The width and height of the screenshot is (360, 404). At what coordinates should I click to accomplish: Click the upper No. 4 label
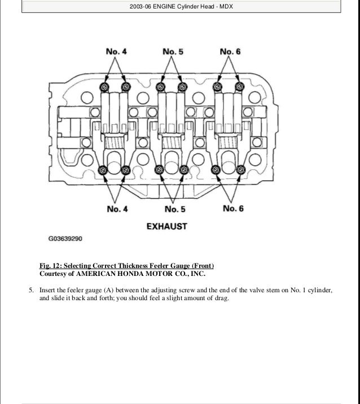pyautogui.click(x=117, y=52)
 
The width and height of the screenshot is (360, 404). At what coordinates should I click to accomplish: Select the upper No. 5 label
pyautogui.click(x=173, y=52)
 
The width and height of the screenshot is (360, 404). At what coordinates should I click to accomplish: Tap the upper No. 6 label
pyautogui.click(x=231, y=52)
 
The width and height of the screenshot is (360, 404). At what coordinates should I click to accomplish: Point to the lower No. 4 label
pyautogui.click(x=117, y=209)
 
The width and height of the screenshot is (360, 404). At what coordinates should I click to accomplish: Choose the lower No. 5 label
pyautogui.click(x=175, y=209)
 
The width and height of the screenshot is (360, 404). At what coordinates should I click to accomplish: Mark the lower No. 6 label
pyautogui.click(x=233, y=208)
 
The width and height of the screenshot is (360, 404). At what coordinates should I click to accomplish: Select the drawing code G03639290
pyautogui.click(x=65, y=239)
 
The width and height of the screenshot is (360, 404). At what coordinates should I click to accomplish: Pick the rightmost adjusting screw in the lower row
pyautogui.click(x=241, y=170)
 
